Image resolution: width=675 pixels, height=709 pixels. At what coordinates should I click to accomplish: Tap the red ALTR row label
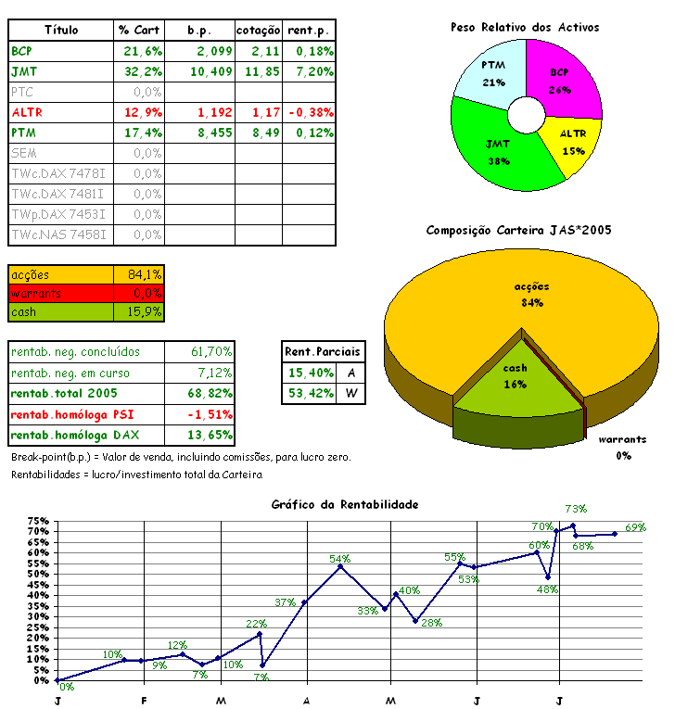point(27,112)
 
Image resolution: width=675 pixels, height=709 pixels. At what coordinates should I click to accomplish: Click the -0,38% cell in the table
point(311,112)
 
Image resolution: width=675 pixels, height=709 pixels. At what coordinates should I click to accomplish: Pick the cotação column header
point(258,31)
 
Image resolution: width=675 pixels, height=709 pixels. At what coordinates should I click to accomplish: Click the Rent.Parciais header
point(324,352)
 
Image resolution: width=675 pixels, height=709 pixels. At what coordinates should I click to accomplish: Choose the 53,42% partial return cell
point(310,394)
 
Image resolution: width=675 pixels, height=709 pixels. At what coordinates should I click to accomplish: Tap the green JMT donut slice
point(496,148)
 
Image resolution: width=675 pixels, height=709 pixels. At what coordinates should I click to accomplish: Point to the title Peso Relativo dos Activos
point(525,27)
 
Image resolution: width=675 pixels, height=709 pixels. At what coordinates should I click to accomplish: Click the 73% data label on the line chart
point(576,509)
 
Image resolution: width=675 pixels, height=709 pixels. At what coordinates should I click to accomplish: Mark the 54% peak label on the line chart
point(339,559)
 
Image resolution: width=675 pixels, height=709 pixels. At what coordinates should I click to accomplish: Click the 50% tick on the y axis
point(38,574)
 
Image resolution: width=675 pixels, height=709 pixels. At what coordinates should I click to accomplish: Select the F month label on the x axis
point(144,700)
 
